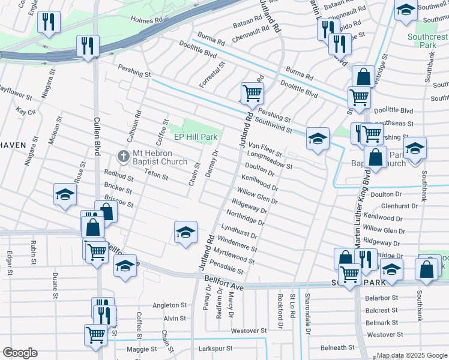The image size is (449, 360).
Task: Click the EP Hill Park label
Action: tap(195, 137)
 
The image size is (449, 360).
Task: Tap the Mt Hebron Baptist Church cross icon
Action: tap(123, 157)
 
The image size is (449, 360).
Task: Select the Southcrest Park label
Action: tap(427, 41)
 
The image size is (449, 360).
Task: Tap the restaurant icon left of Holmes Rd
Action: tap(47, 23)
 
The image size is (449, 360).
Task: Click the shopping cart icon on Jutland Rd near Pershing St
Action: tap(252, 93)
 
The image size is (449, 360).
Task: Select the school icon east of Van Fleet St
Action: tap(318, 139)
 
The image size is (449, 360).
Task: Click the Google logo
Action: tap(20, 353)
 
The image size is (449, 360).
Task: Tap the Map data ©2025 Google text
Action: tap(412, 355)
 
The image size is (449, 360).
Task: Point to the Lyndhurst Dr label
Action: tap(239, 231)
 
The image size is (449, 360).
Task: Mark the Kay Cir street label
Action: tap(27, 112)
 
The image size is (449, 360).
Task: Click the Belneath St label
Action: tap(337, 347)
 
